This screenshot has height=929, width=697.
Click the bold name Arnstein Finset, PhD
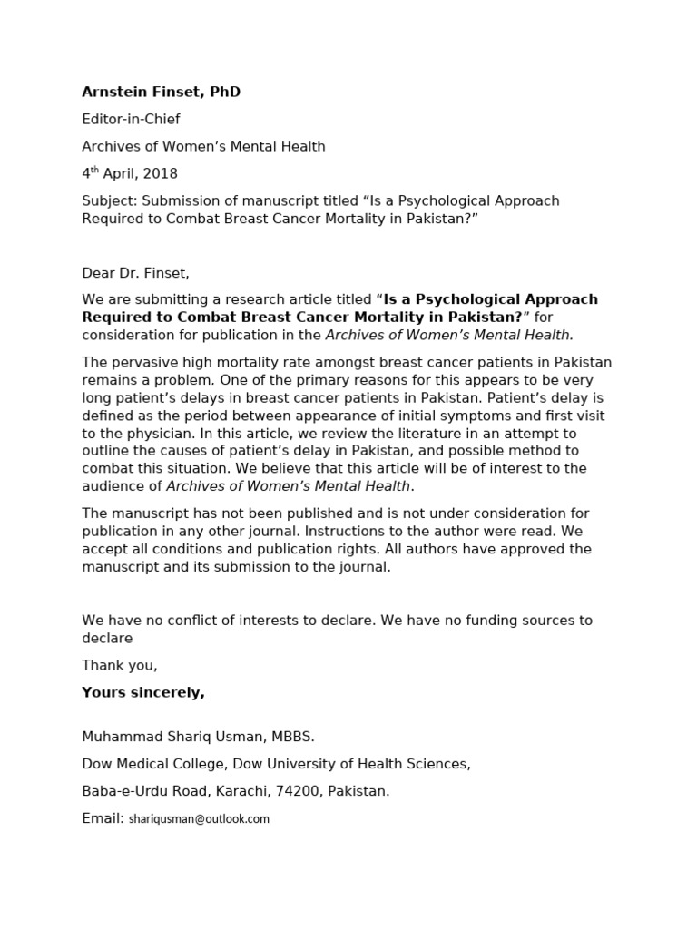[161, 92]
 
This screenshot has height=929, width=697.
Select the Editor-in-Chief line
[131, 119]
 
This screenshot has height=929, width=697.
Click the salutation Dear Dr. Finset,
[136, 272]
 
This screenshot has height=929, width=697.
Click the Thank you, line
[120, 665]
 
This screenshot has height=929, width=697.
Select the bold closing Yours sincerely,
[143, 692]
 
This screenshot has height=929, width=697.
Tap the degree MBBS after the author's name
[290, 737]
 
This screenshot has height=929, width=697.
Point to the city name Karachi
[239, 790]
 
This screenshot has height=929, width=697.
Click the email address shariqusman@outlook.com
[199, 818]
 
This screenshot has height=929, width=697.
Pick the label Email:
[103, 817]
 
